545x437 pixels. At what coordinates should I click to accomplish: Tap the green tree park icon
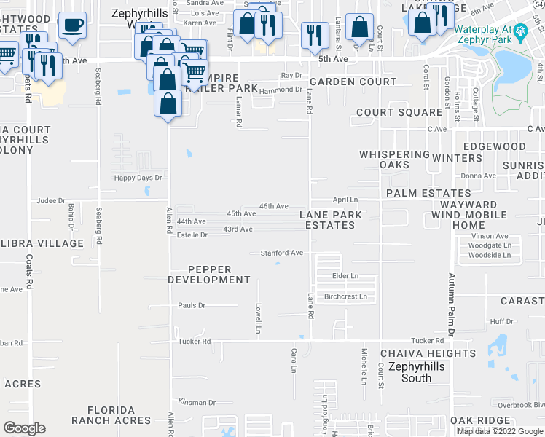pos(520,31)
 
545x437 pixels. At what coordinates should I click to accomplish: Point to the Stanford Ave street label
pos(282,253)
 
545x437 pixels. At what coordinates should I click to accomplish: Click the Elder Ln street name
pos(345,276)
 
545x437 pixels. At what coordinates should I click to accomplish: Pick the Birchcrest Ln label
pos(345,296)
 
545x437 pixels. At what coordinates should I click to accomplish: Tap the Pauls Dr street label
pos(192,305)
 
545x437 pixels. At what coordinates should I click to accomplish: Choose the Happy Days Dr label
pos(138,177)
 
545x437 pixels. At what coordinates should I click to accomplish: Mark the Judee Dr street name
pos(51,200)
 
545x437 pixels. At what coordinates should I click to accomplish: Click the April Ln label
pos(345,199)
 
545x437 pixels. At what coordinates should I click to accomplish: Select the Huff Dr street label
pos(502,321)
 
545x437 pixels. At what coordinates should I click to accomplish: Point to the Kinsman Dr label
pos(197,402)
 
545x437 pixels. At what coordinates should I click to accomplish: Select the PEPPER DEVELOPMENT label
pos(209,275)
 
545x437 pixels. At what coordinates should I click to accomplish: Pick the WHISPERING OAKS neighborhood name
pos(394,160)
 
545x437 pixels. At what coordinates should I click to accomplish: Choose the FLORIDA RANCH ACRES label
pos(111,415)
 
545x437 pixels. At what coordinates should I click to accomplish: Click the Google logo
pos(25,428)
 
